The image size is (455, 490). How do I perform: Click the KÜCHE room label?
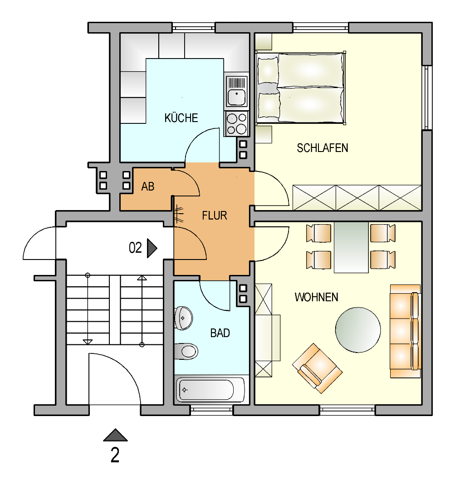coord(181,118)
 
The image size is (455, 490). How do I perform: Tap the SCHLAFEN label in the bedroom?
coord(323,148)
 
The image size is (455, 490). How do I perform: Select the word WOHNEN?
coord(317,297)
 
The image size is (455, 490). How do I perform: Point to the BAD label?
coord(220,333)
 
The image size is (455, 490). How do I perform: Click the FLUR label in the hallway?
coord(215,216)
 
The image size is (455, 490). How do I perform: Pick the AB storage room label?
coord(148,186)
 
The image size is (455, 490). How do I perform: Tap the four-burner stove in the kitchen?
coord(236,123)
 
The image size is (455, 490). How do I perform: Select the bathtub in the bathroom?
coord(210,389)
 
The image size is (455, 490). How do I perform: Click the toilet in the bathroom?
coord(186,351)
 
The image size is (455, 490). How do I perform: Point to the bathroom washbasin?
coord(183,318)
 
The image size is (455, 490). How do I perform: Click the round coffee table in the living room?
coord(358,330)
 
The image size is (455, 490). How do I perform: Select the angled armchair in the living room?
coord(317,368)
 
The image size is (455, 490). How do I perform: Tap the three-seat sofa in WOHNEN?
coord(405,331)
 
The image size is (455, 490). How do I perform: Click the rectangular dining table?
coord(351,248)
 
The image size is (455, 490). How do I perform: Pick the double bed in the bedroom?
coord(301,88)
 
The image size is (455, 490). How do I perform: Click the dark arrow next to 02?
coord(152,249)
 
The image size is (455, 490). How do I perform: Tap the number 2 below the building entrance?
coord(115,455)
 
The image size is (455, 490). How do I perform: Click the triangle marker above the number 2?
coord(115,435)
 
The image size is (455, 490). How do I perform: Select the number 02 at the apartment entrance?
coord(135,248)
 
